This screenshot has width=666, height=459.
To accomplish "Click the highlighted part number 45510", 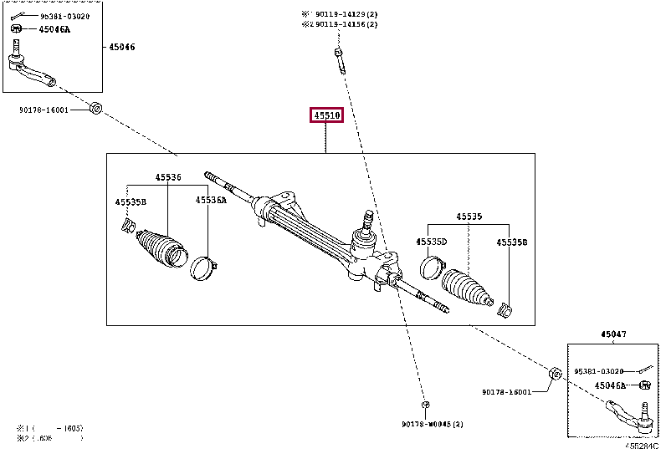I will click(326, 115).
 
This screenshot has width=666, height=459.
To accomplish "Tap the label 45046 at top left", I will click(121, 47).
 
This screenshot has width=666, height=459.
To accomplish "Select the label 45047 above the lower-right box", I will click(612, 334).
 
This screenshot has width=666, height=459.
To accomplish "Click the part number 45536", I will click(167, 177).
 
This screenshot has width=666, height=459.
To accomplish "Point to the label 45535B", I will click(131, 201).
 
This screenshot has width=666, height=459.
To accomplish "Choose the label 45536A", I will click(211, 200).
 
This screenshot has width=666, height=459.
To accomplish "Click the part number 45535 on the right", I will click(469, 217).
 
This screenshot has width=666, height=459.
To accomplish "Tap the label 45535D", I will click(432, 242).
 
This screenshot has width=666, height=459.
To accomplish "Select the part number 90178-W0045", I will click(428, 425).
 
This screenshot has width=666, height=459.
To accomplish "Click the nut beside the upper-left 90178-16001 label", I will click(95, 108).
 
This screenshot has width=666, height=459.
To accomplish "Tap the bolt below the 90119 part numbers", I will click(339, 60).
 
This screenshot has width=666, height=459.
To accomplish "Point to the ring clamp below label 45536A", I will click(202, 268).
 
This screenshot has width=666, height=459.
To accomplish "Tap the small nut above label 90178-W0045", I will click(426, 405).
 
